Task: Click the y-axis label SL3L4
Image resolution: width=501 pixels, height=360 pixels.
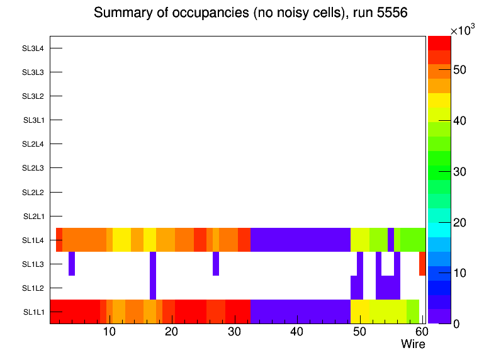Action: point(33,48)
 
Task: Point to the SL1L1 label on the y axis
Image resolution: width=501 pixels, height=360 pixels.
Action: point(34,312)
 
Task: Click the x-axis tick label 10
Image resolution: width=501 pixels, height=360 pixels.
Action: point(109,332)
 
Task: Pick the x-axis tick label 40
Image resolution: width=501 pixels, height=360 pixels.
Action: point(297,332)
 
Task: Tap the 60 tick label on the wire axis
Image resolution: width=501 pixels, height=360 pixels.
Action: point(421,332)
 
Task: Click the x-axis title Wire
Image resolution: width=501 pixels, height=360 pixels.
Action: point(413,344)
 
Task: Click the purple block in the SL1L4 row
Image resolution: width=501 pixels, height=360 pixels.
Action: point(300,240)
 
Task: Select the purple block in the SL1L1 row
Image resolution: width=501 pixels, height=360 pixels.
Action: point(300,312)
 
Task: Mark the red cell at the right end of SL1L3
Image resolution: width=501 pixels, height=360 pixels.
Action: point(422,264)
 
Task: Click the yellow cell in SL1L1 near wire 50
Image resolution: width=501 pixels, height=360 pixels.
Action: point(360,312)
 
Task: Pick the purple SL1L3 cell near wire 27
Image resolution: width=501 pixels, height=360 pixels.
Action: point(216,264)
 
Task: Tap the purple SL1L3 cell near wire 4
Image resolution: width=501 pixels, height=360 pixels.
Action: point(72,264)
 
